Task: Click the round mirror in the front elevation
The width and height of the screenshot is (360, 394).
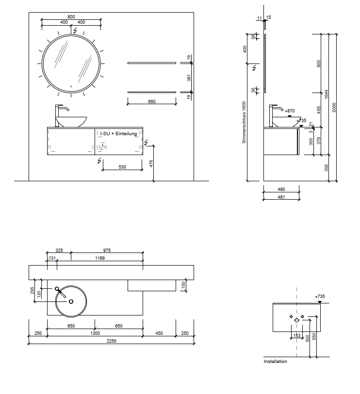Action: pyautogui.click(x=71, y=63)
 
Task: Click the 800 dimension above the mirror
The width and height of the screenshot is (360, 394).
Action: pyautogui.click(x=71, y=17)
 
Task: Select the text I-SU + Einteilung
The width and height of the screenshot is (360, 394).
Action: pyautogui.click(x=118, y=134)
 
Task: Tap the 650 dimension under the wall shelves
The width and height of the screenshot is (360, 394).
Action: pyautogui.click(x=151, y=102)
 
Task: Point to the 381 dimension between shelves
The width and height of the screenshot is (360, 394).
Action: pyautogui.click(x=189, y=77)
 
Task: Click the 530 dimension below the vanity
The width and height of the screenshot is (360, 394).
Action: pyautogui.click(x=122, y=167)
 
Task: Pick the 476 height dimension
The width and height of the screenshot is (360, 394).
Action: pyautogui.click(x=151, y=163)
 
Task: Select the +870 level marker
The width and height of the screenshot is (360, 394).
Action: pyautogui.click(x=290, y=111)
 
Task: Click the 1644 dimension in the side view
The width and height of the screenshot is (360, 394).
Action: pyautogui.click(x=327, y=93)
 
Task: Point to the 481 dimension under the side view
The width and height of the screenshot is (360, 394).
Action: pyautogui.click(x=281, y=197)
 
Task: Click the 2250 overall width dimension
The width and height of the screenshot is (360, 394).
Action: pyautogui.click(x=112, y=341)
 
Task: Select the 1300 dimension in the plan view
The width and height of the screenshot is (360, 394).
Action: pyautogui.click(x=95, y=333)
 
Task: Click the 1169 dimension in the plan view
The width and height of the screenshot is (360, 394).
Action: pyautogui.click(x=99, y=258)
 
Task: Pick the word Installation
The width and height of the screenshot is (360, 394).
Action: pyautogui.click(x=275, y=362)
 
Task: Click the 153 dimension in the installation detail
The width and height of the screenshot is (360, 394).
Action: pyautogui.click(x=297, y=335)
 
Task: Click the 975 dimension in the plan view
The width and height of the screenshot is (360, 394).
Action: pyautogui.click(x=107, y=251)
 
